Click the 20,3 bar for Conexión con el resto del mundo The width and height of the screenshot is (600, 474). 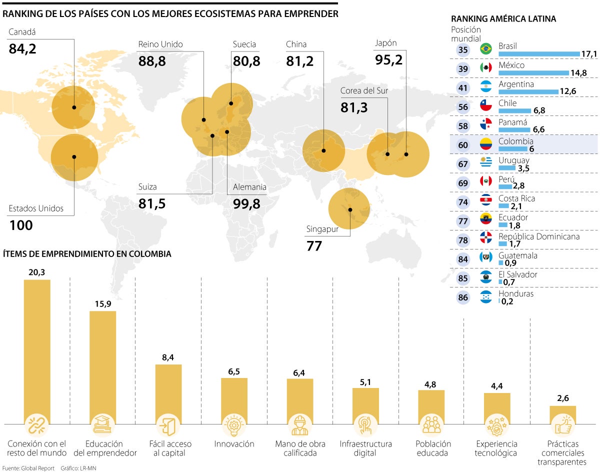[x=37, y=350]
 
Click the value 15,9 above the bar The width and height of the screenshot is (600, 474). [x=102, y=303]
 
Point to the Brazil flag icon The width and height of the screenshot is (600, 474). [x=485, y=49]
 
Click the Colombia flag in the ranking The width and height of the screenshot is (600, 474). [x=485, y=144]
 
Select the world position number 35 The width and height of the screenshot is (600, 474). [x=463, y=49]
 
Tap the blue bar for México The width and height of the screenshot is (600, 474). [x=533, y=73]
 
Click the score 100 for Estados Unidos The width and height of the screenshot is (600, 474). [x=21, y=225]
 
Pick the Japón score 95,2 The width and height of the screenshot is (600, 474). [x=388, y=60]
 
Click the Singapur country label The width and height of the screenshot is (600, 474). [x=322, y=229]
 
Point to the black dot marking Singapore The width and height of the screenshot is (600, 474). [x=350, y=209]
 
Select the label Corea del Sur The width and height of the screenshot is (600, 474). [x=364, y=90]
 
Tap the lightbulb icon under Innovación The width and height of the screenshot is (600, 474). [x=234, y=425]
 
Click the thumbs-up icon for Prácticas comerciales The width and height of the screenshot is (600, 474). [x=562, y=425]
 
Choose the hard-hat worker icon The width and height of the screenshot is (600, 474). [x=300, y=425]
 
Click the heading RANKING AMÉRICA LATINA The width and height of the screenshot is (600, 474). [x=503, y=19]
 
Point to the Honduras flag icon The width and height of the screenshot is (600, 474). [x=485, y=297]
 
